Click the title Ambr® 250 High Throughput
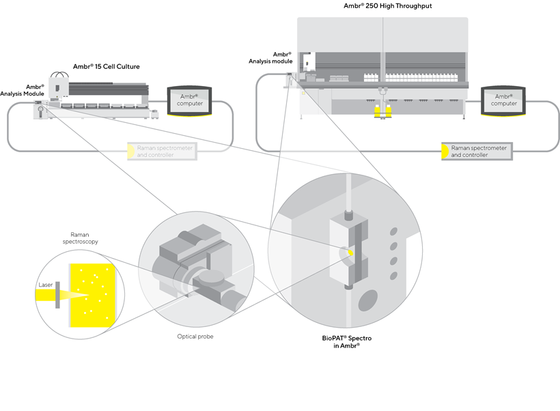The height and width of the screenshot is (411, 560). (x=387, y=6)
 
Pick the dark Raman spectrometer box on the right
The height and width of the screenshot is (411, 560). (x=477, y=151)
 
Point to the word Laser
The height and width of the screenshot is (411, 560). (x=46, y=285)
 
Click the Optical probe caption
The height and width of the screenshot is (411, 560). (x=191, y=337)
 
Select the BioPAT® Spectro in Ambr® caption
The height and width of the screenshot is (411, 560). (x=347, y=342)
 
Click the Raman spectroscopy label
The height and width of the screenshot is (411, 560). (x=85, y=238)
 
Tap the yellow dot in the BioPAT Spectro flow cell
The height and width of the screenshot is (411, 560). (x=350, y=253)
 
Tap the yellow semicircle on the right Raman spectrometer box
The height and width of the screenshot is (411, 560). (x=445, y=151)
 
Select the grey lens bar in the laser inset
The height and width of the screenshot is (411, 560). (x=58, y=295)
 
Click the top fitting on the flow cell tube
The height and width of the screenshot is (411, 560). (x=349, y=214)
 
